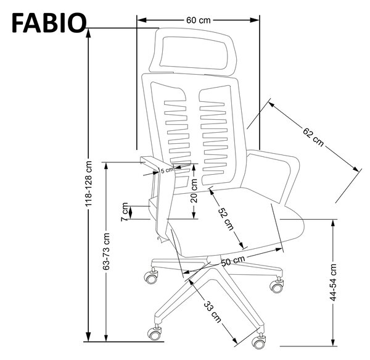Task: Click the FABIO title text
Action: (49, 23)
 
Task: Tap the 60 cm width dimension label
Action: (198, 20)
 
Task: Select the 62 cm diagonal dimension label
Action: (313, 137)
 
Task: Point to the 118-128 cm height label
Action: (88, 184)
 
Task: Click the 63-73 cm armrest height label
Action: (106, 251)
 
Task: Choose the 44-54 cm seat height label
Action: (333, 283)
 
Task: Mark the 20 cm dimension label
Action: (194, 191)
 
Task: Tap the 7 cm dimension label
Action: (125, 212)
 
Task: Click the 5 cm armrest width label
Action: (167, 170)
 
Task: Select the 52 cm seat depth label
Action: (226, 219)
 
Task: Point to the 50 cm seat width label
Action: (233, 261)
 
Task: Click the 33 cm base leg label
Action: (212, 312)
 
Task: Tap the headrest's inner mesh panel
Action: (194, 53)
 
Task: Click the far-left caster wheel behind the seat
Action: (150, 276)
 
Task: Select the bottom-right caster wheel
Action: (258, 341)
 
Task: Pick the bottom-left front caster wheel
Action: (155, 333)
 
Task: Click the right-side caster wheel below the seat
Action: (277, 285)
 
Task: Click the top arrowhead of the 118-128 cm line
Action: (88, 33)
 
